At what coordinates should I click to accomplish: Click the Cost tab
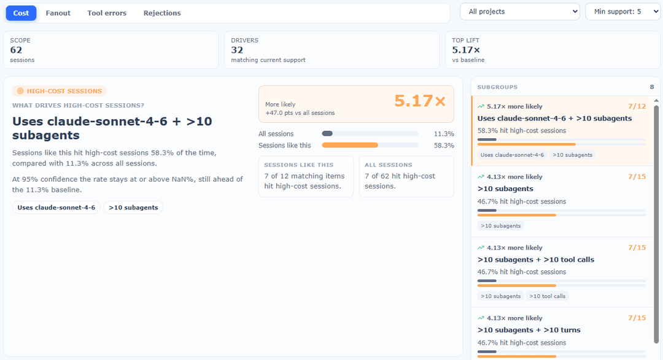pos(21,13)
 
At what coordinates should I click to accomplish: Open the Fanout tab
pos(58,13)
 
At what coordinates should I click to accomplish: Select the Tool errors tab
pos(107,13)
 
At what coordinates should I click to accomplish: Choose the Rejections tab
pos(162,13)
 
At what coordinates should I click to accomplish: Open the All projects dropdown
pos(520,12)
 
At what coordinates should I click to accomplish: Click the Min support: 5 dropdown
pos(623,12)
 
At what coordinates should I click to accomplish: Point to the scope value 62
pos(16,50)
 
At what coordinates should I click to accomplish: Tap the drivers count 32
pos(237,50)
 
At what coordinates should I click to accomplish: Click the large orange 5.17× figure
pos(420,101)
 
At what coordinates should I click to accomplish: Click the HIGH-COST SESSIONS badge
pos(60,91)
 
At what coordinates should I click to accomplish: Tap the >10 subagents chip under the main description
pos(133,207)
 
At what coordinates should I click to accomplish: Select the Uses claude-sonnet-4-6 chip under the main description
pos(56,207)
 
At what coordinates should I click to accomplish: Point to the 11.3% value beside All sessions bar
pos(444,134)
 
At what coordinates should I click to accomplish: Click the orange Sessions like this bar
pos(350,145)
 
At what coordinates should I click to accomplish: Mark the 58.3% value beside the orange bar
pos(444,146)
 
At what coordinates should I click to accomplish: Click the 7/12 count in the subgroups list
pos(637,106)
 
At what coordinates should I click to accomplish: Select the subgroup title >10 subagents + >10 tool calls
pos(536,259)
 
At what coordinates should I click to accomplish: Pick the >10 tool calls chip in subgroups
pos(547,296)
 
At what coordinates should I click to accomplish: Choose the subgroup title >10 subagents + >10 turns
pos(529,330)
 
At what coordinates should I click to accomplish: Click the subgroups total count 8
pos(652,87)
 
